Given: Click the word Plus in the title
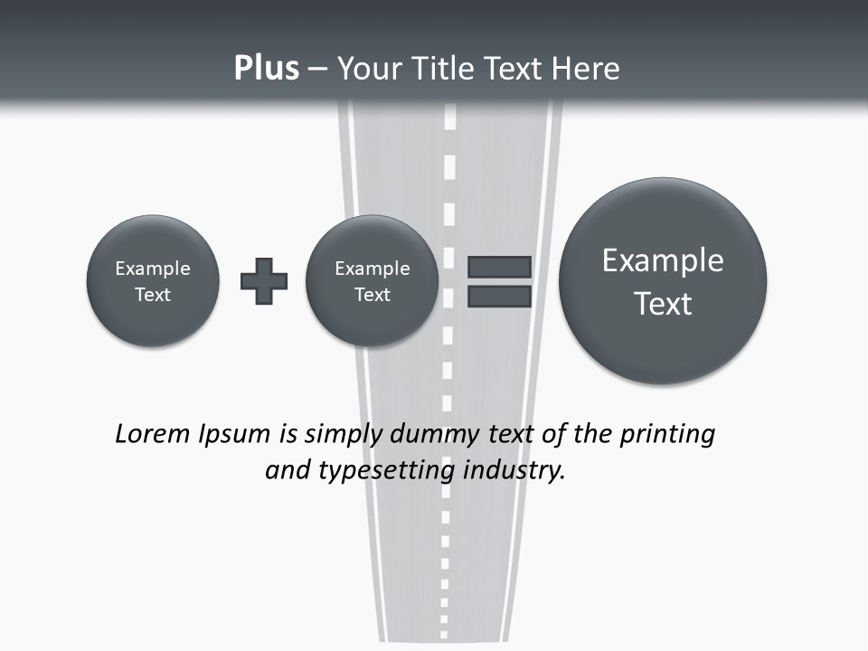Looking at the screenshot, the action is pos(266,69).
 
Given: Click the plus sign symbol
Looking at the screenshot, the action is pos(264,281).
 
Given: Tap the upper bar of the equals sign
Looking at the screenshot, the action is pos(499,268).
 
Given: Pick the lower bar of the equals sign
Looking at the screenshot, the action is pos(499,297).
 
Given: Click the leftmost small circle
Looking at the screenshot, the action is pos(153,281).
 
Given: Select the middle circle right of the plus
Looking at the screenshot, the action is pos(373,281).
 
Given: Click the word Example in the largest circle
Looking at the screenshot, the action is pos(663,260).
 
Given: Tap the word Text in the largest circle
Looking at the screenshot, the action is pos(663,304).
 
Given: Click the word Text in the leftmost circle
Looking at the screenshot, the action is pos(153,295).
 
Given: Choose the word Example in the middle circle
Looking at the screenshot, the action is pos(373,269).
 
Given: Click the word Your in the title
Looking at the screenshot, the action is pos(366,69).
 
